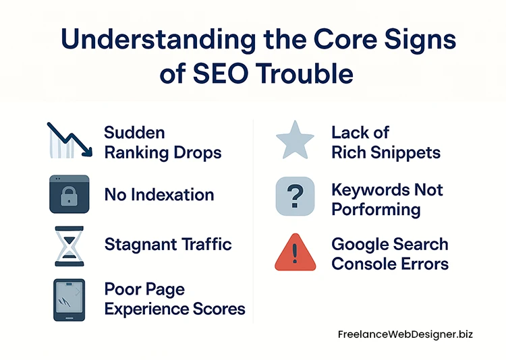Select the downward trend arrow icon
click(x=69, y=140)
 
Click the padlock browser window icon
click(x=69, y=195)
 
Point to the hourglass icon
click(x=69, y=244)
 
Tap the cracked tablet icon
click(x=69, y=299)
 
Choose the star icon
click(x=295, y=140)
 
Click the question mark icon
click(x=295, y=196)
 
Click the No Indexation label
click(x=159, y=196)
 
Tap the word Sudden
click(x=135, y=132)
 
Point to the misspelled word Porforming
click(x=376, y=210)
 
